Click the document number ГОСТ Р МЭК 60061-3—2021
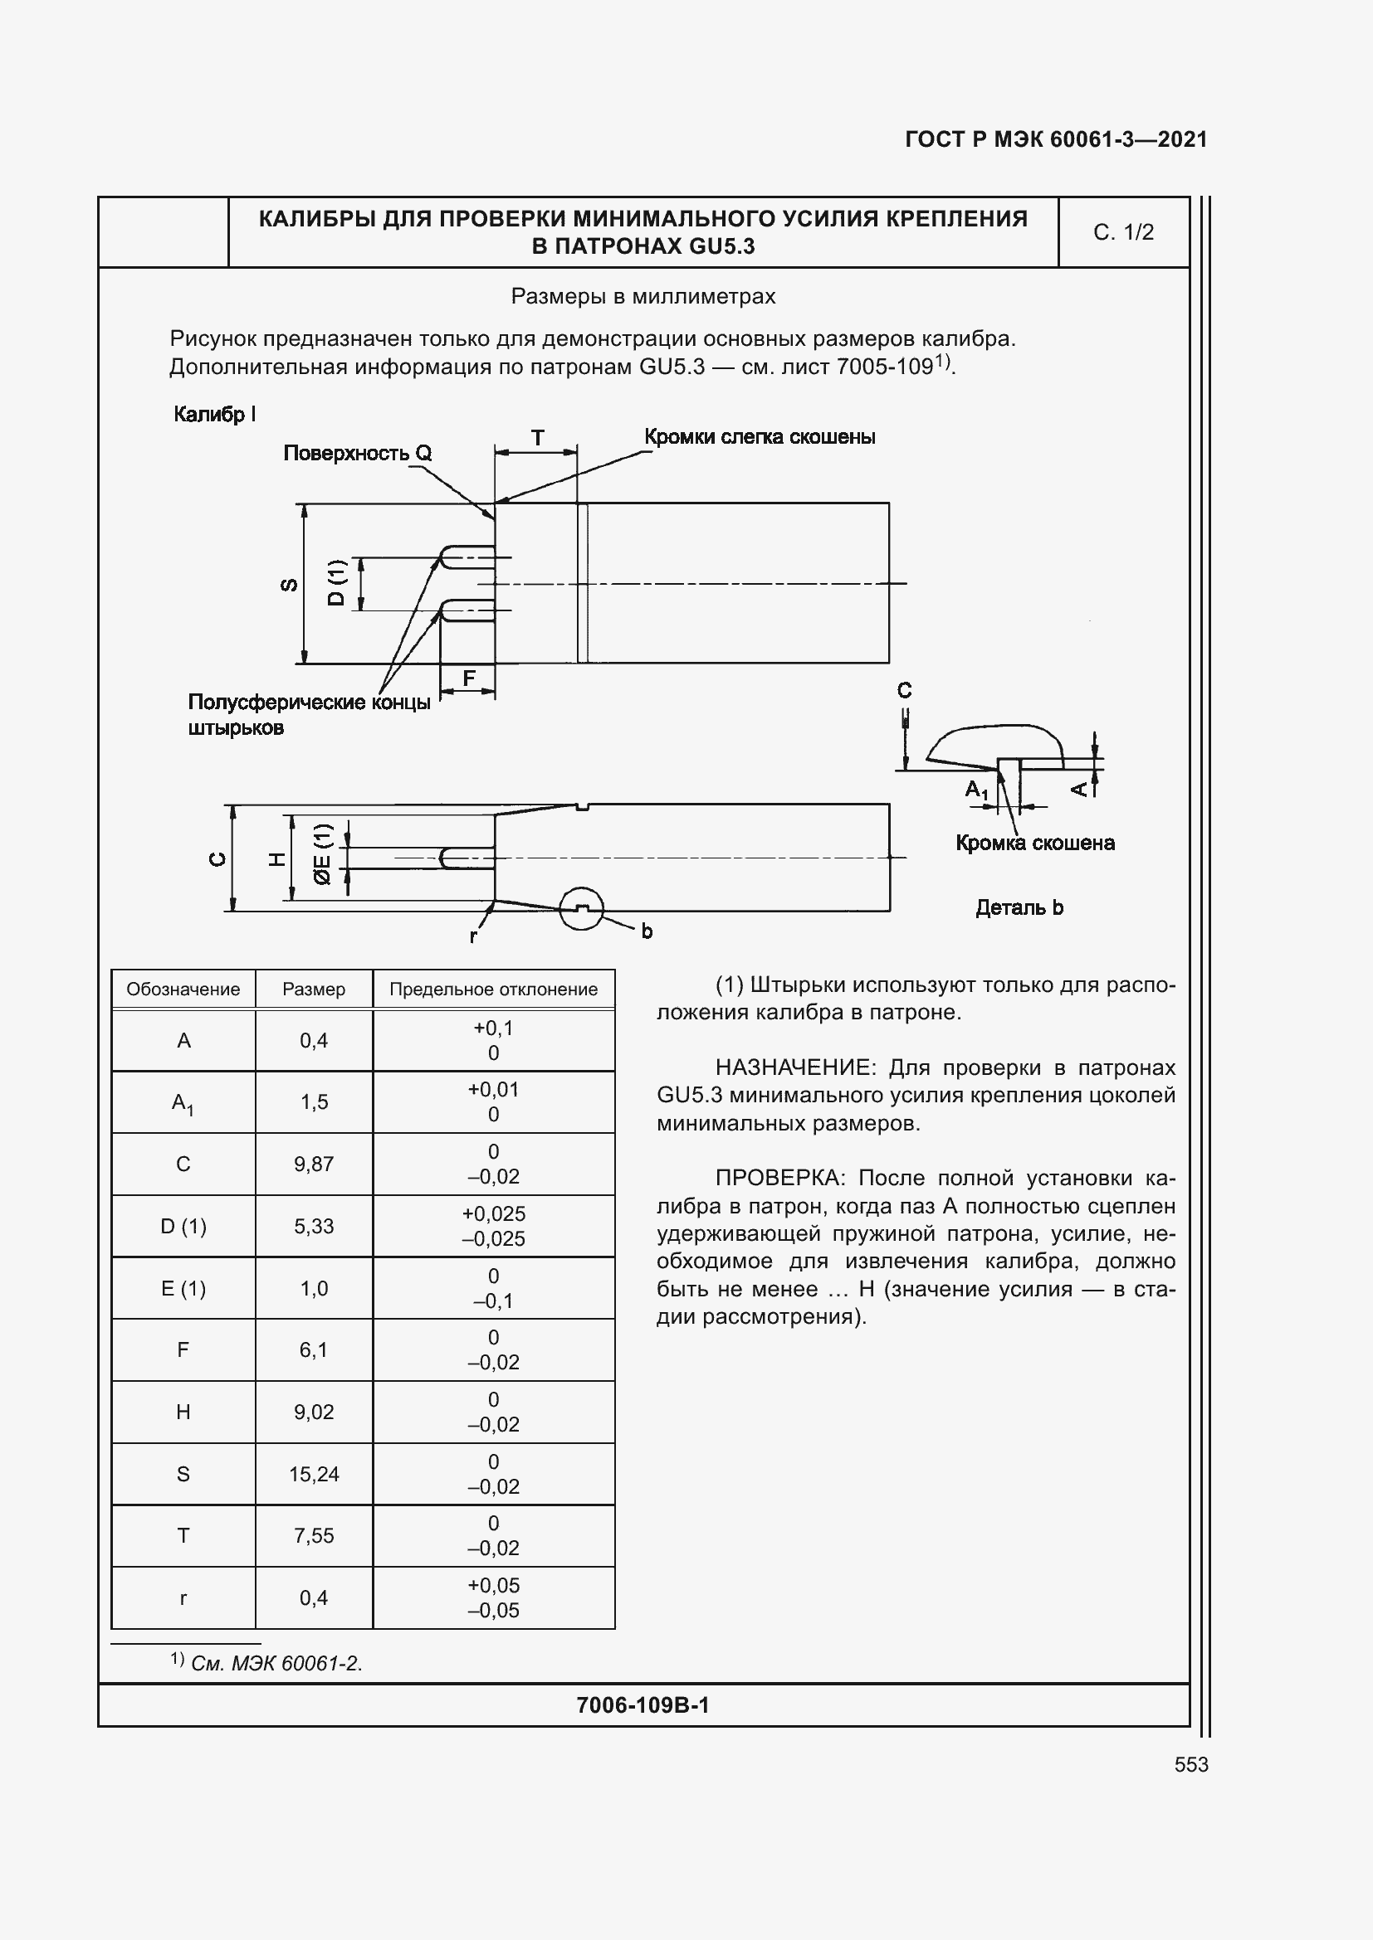1055,139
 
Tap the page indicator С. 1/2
1123,232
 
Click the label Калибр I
214,414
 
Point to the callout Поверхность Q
357,454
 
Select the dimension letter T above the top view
537,438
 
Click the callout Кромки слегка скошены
760,437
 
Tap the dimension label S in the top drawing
288,584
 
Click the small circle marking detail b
582,908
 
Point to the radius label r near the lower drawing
473,936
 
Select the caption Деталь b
1019,907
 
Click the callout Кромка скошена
1035,843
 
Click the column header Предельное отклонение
493,989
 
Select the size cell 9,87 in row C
314,1164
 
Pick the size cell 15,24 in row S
314,1474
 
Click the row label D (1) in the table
183,1226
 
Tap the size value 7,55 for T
314,1535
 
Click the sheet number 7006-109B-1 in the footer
643,1705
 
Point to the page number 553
1190,1764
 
